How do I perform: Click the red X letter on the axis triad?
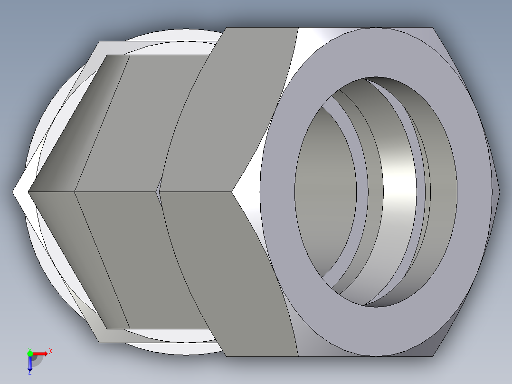[x=51, y=352]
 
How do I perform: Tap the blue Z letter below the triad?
[x=29, y=373]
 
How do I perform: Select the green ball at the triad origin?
[x=30, y=353]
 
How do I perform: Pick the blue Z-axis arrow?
[x=30, y=364]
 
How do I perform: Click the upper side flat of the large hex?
[x=223, y=109]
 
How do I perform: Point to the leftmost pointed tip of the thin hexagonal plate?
[x=14, y=192]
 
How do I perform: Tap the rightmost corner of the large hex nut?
[x=499, y=192]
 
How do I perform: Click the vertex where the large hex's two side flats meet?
[x=232, y=192]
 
